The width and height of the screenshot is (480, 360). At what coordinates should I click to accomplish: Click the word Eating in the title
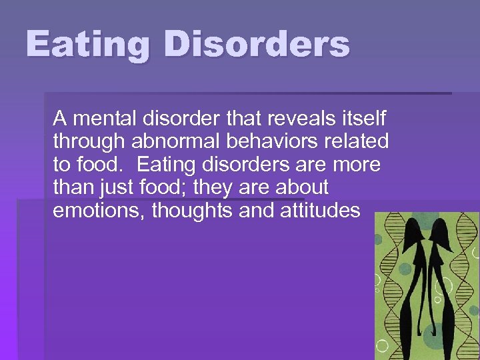(x=89, y=45)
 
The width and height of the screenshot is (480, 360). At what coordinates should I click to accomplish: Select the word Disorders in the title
(x=257, y=45)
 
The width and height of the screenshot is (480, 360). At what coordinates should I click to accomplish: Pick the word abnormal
(x=171, y=142)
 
